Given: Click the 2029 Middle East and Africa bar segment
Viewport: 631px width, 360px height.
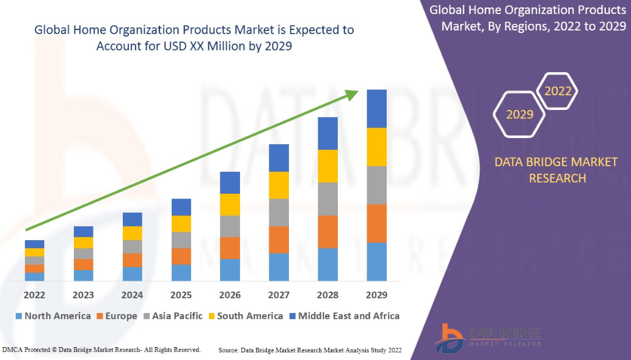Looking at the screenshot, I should click(376, 108).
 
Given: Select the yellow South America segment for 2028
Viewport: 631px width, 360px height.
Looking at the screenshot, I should click(328, 166).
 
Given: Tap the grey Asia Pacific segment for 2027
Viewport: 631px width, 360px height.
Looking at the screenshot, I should click(279, 212).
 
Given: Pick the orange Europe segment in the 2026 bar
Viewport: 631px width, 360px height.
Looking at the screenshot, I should click(230, 248).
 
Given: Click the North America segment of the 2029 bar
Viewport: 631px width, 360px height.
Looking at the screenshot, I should click(376, 262).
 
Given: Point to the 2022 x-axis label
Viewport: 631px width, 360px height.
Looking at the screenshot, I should click(34, 295).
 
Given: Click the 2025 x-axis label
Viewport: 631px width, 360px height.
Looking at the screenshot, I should click(181, 295).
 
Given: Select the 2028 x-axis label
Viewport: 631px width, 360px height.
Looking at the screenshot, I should click(328, 295).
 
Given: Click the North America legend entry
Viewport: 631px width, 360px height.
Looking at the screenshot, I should click(53, 316).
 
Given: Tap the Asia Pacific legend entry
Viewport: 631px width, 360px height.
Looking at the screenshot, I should click(173, 316).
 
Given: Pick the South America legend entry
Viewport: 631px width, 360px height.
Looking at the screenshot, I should click(245, 316).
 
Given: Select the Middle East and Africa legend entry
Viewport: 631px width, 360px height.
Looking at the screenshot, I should click(344, 316).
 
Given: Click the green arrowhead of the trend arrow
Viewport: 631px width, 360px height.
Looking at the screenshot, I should click(351, 94).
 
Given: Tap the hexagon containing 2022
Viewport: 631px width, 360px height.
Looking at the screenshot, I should click(558, 92).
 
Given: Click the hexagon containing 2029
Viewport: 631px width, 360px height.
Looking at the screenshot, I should click(520, 114).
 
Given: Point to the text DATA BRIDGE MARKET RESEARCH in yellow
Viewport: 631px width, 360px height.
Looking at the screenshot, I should click(540, 170).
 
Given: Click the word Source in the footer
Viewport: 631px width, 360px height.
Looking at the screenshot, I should click(228, 350).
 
